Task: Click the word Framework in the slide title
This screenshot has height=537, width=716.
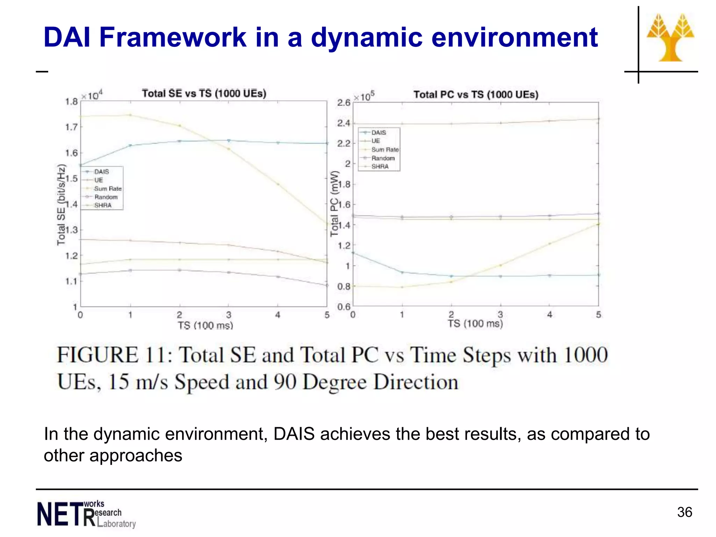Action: click(173, 37)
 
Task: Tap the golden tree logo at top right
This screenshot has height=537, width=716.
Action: click(670, 38)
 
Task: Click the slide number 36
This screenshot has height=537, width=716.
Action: click(684, 512)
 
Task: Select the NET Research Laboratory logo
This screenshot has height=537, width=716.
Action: click(86, 514)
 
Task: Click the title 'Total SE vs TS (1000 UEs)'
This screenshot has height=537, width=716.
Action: click(204, 93)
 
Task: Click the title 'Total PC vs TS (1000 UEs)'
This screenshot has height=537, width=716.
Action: click(476, 94)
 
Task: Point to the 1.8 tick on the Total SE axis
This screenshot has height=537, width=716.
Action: click(71, 102)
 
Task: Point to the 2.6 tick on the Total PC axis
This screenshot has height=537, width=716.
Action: click(343, 102)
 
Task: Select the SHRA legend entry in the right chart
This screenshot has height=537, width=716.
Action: click(380, 166)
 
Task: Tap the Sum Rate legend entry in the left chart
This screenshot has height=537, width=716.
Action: click(108, 188)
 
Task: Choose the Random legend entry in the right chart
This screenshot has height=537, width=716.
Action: click(382, 158)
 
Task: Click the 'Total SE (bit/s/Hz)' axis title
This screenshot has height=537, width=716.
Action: click(61, 205)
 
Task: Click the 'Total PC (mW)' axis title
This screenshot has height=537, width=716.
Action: click(335, 203)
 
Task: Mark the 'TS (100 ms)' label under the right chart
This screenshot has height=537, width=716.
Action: click(475, 323)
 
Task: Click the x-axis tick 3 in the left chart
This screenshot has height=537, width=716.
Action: click(229, 315)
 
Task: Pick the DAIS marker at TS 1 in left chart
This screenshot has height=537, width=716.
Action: click(130, 145)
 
